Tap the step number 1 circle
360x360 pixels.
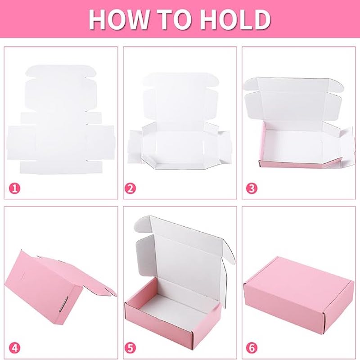tap(15, 189)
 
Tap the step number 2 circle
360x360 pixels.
tap(130, 189)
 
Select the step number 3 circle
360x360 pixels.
tap(252, 189)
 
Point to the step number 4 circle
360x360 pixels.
tap(15, 348)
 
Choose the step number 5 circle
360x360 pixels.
tap(130, 348)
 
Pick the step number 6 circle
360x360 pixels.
tap(252, 348)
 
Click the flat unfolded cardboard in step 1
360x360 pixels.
tap(61, 119)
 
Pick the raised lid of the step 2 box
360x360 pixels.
tap(180, 96)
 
